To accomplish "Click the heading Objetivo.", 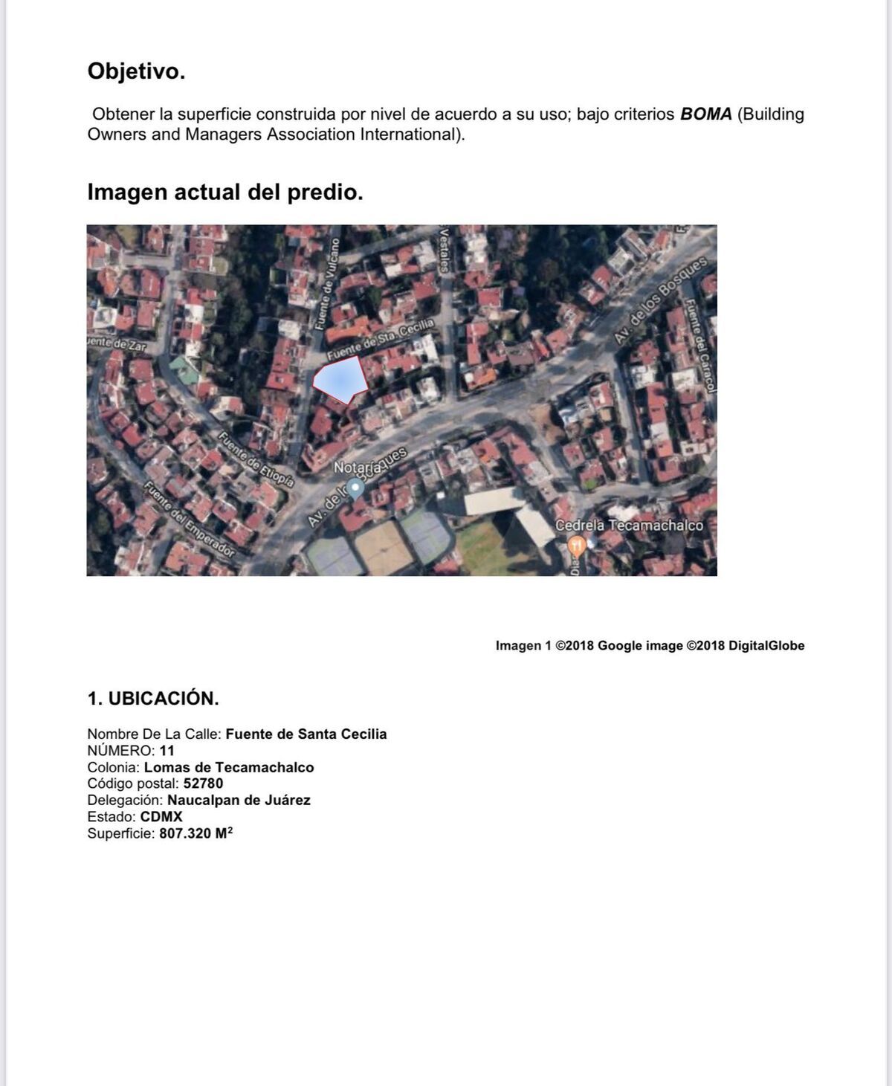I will (136, 71).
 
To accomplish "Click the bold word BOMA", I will (705, 114).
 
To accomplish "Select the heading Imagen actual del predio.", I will (225, 192).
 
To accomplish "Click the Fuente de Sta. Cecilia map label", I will (380, 339).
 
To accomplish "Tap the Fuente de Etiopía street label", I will (256, 459).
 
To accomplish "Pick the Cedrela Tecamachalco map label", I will (629, 525).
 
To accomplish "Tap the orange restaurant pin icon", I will (576, 546).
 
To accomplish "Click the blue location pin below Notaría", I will (356, 488).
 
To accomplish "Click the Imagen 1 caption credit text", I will (650, 646).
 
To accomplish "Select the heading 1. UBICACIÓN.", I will (153, 699).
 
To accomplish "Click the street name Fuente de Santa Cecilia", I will (306, 734).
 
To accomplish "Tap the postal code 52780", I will (203, 783).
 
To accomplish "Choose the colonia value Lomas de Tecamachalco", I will (229, 767).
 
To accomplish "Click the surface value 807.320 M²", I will (195, 833).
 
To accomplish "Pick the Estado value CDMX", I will (161, 816).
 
